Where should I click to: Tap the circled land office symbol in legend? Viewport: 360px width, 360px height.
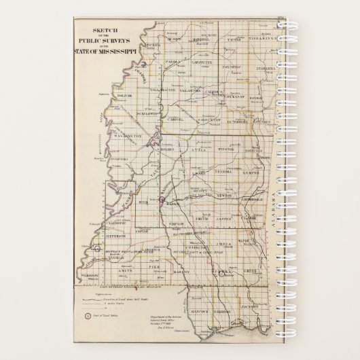(x=87, y=315)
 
